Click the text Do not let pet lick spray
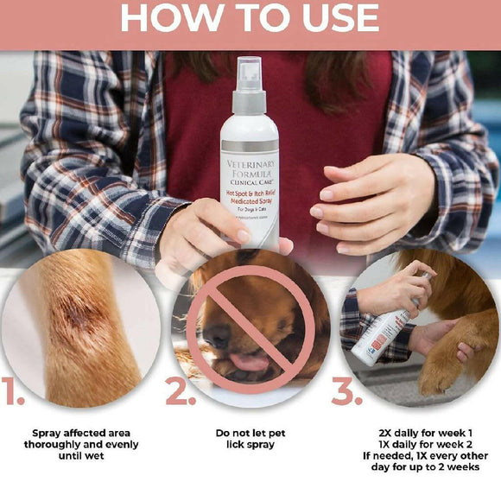pyautogui.click(x=250, y=439)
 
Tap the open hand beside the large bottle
pyautogui.click(x=358, y=203)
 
